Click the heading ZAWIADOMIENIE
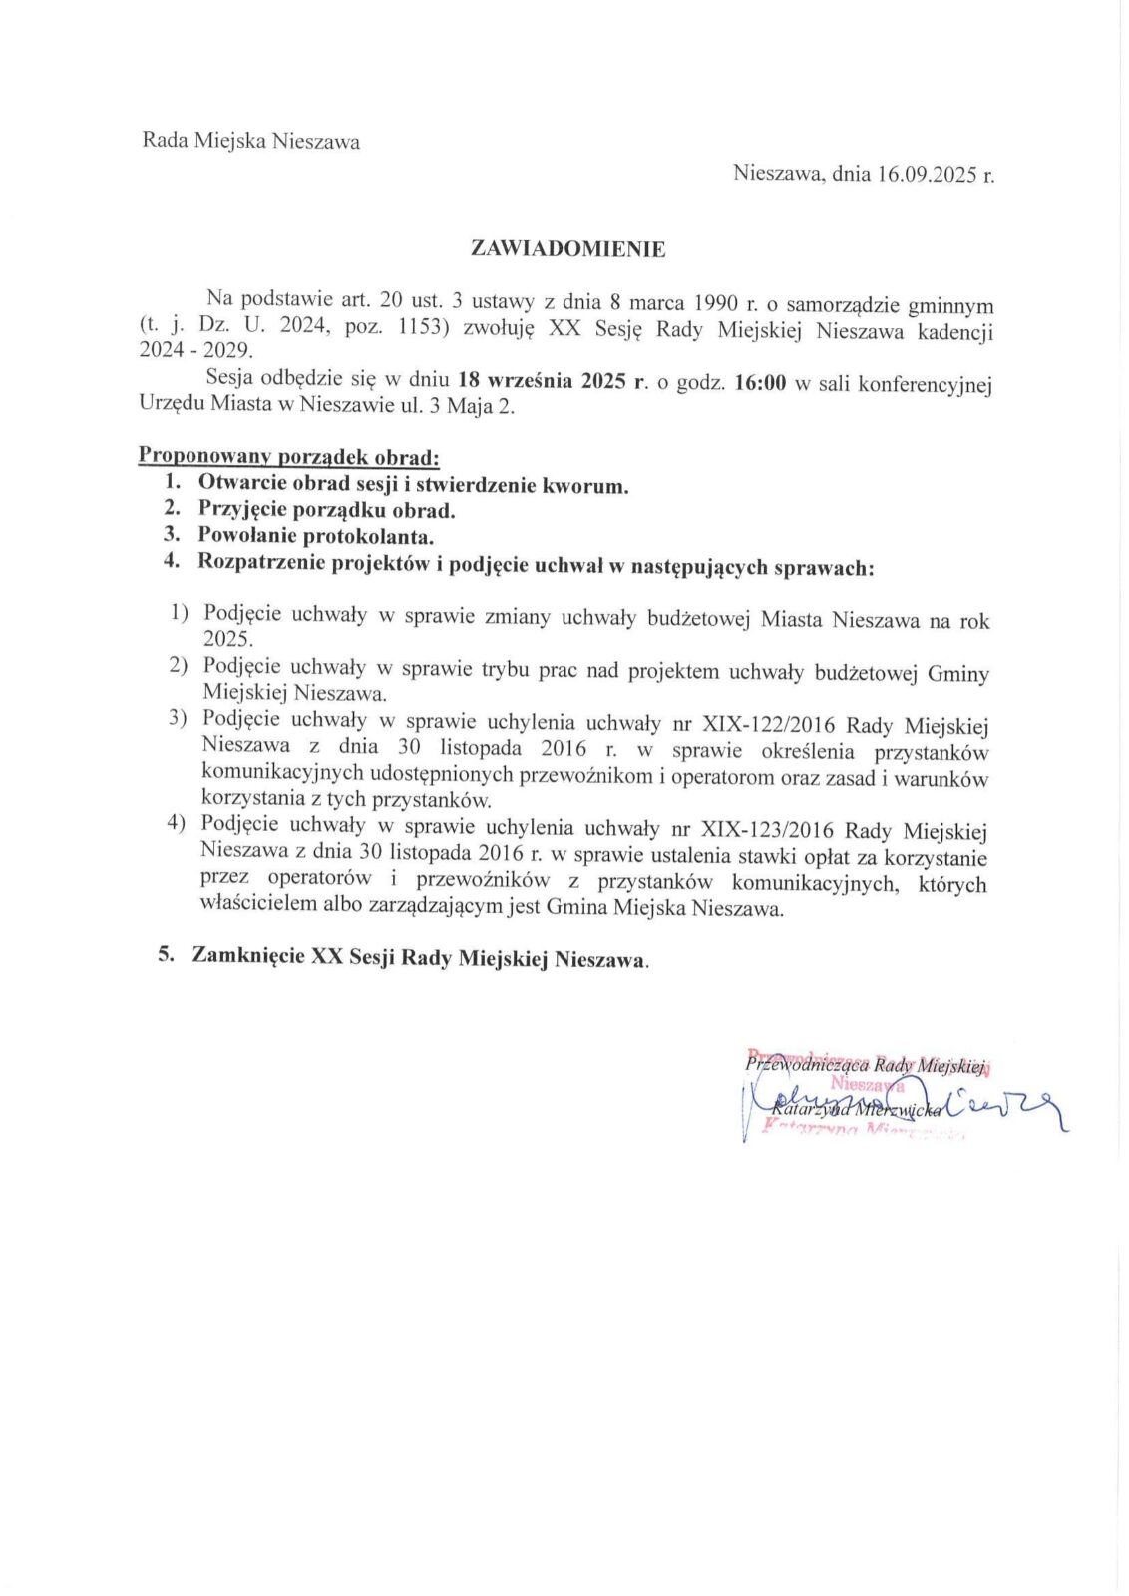tap(567, 249)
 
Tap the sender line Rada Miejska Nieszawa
tap(251, 141)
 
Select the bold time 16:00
tap(760, 384)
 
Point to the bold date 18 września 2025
tap(544, 382)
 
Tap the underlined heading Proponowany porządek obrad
tap(288, 457)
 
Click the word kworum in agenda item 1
tap(584, 486)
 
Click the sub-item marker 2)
tap(179, 665)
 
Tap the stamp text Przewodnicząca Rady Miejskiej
tap(866, 1065)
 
